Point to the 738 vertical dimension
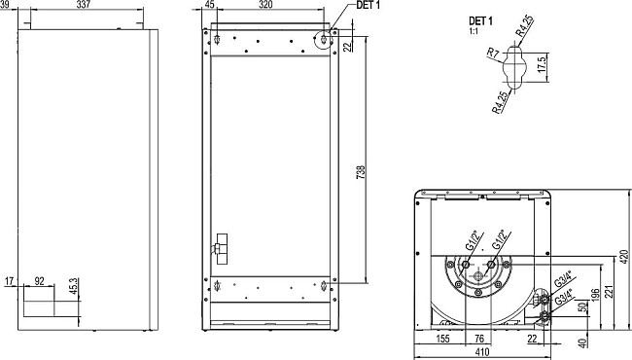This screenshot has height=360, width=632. click(360, 173)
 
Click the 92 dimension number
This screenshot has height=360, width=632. click(41, 281)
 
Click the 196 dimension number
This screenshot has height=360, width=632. click(593, 295)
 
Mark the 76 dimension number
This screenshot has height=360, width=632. click(479, 340)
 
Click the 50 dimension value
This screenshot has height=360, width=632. click(581, 309)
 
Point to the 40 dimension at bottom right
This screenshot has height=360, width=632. click(581, 342)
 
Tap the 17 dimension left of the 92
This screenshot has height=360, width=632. click(9, 281)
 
